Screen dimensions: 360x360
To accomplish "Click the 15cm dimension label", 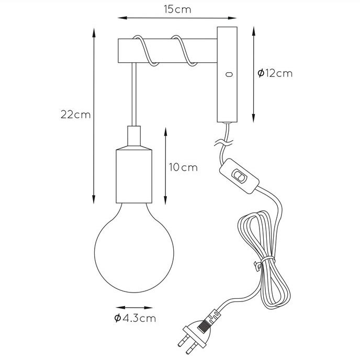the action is (177, 9).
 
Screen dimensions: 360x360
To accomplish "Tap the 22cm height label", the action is (76, 115).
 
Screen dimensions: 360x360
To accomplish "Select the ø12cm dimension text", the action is (275, 73).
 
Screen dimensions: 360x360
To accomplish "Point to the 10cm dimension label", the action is (183, 167).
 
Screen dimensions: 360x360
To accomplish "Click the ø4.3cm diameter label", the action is (135, 318).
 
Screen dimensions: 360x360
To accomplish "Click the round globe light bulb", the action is (134, 248).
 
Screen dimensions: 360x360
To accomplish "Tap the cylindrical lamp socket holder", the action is (134, 176).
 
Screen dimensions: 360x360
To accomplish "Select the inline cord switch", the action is (240, 176).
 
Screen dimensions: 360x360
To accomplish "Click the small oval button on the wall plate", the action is (229, 74).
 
